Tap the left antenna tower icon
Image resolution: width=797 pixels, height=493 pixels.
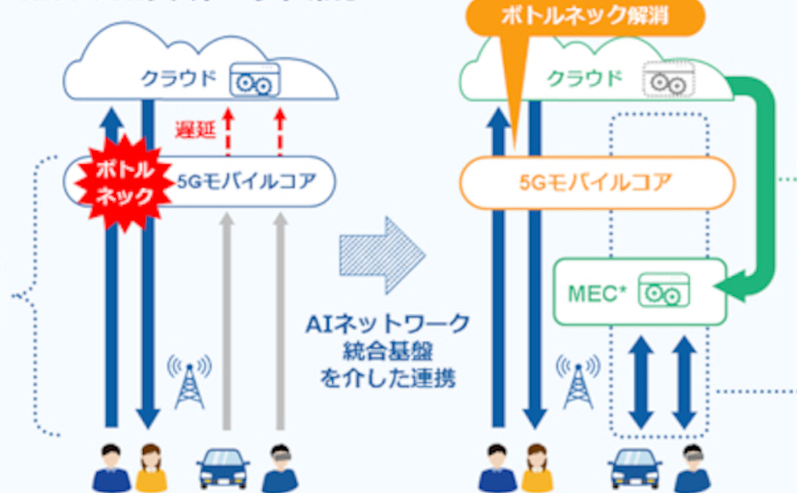tap(190, 381)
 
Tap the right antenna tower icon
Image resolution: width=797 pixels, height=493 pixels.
tap(579, 381)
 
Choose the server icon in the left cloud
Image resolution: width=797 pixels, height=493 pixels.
tap(253, 81)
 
